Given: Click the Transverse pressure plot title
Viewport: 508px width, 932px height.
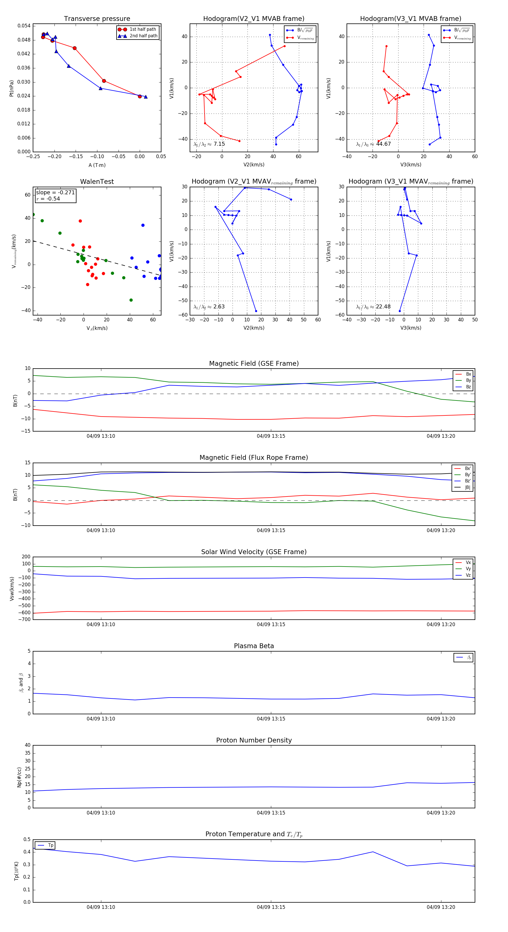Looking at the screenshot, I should click(x=97, y=19).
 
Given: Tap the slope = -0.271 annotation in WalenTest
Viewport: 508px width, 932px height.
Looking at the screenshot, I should click(x=55, y=193).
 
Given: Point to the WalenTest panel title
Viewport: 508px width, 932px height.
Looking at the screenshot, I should click(x=97, y=182).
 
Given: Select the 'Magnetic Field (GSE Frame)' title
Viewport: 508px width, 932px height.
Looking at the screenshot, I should click(x=254, y=363).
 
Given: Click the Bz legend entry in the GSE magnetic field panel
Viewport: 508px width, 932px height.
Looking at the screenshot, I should click(x=468, y=387).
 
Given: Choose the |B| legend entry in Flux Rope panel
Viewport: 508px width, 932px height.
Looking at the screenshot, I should click(x=467, y=487).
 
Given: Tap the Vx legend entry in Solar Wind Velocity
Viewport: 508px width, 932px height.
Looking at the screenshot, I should click(x=468, y=563).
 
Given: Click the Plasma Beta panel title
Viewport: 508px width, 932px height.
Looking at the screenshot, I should click(x=254, y=646).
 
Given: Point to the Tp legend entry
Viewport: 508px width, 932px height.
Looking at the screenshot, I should click(x=50, y=845).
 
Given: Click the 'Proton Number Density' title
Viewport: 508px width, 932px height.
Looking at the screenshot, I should click(x=254, y=740).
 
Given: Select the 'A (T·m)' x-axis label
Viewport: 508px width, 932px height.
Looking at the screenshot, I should click(x=97, y=165).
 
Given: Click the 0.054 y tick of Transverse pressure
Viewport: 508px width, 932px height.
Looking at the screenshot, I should click(x=24, y=26).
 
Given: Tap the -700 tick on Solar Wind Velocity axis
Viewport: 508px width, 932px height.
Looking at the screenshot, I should click(x=25, y=619).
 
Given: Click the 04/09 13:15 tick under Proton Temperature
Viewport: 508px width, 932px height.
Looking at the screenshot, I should click(x=271, y=907).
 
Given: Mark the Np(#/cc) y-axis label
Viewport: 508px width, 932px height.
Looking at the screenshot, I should click(x=19, y=777).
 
